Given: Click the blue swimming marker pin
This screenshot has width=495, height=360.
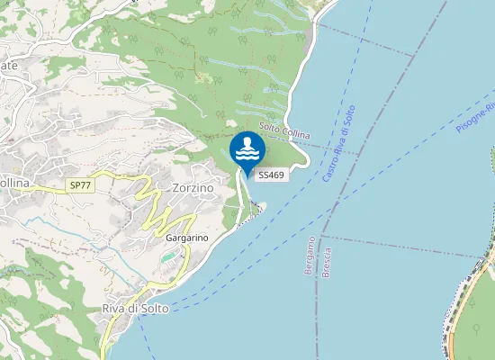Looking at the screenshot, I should (247, 150).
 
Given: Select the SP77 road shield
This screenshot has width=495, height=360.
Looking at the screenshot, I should (80, 185).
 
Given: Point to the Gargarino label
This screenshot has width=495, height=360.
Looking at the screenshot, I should (187, 238).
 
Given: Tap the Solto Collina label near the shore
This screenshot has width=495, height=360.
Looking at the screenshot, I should (284, 131).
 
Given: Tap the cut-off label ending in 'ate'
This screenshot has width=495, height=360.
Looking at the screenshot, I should (9, 66).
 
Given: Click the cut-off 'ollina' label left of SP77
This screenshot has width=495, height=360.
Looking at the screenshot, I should (14, 184).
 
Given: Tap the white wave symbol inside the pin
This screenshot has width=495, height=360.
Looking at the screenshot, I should (247, 155).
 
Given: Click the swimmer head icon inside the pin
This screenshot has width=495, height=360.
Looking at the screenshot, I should (247, 141).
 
